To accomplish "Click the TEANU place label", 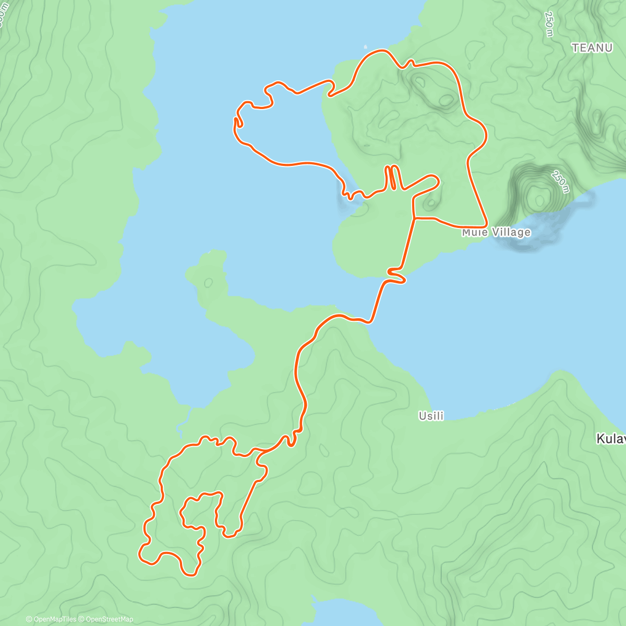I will coord(592,48).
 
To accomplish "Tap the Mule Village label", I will coord(496,232).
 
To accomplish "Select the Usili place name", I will coord(431,416).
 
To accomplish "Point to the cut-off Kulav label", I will coord(610,439).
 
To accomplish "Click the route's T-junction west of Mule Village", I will coord(414,218).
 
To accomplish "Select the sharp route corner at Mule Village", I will coord(486,226).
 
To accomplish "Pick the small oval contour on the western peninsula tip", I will coord(209,282).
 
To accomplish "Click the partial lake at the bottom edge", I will coord(339,613).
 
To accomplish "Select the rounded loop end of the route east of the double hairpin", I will coord(434,180).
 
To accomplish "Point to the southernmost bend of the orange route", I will coord(190,575).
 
